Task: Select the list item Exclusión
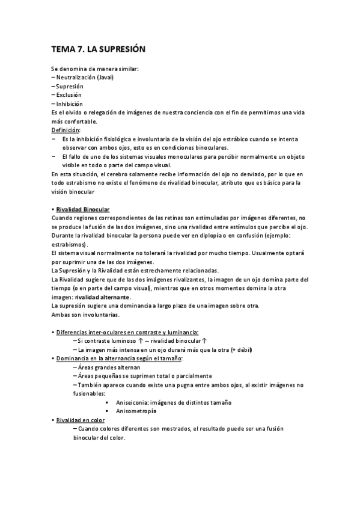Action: tap(69, 95)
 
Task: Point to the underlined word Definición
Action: tap(66, 130)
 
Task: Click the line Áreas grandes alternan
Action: tap(108, 367)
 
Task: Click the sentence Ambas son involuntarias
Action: tap(86, 315)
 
